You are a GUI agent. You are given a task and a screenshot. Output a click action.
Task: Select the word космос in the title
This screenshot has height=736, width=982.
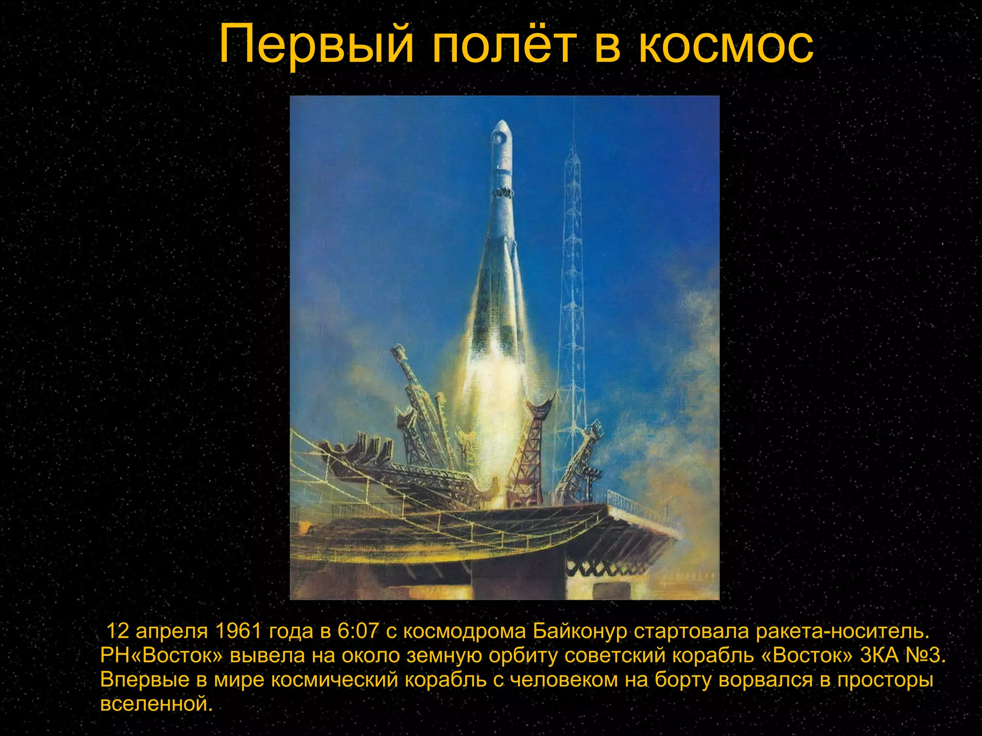click(x=727, y=46)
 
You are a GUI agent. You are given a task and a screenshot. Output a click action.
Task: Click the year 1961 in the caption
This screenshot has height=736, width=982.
click(x=238, y=632)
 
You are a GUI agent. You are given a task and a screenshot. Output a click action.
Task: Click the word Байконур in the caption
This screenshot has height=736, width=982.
click(x=580, y=632)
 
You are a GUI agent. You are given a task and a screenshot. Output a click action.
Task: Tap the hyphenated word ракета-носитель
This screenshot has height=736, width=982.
click(x=842, y=632)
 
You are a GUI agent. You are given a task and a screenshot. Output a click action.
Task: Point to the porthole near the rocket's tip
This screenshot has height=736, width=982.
click(x=499, y=138)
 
